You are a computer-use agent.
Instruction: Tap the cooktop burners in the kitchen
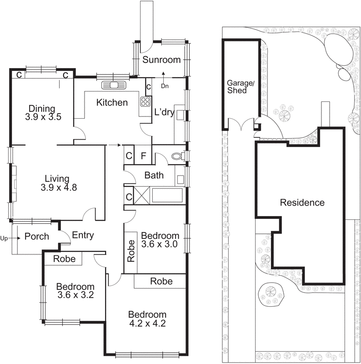[145, 101]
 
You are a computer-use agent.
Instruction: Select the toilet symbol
[177, 157]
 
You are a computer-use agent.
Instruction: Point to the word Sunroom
[161, 60]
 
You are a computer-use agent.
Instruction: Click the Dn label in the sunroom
[165, 85]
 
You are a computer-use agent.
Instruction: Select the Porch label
[37, 237]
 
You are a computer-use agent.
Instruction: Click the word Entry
[83, 235]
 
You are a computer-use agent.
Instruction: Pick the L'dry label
[164, 112]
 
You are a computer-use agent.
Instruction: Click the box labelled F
[143, 156]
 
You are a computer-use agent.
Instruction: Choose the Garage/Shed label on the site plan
[237, 87]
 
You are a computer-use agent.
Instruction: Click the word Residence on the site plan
[302, 202]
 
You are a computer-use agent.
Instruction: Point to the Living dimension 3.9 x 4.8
[56, 187]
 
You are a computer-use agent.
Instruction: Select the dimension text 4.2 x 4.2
[147, 324]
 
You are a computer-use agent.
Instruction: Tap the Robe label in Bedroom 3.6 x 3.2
[65, 259]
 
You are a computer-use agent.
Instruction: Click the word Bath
[154, 175]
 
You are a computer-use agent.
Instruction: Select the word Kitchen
[112, 102]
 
